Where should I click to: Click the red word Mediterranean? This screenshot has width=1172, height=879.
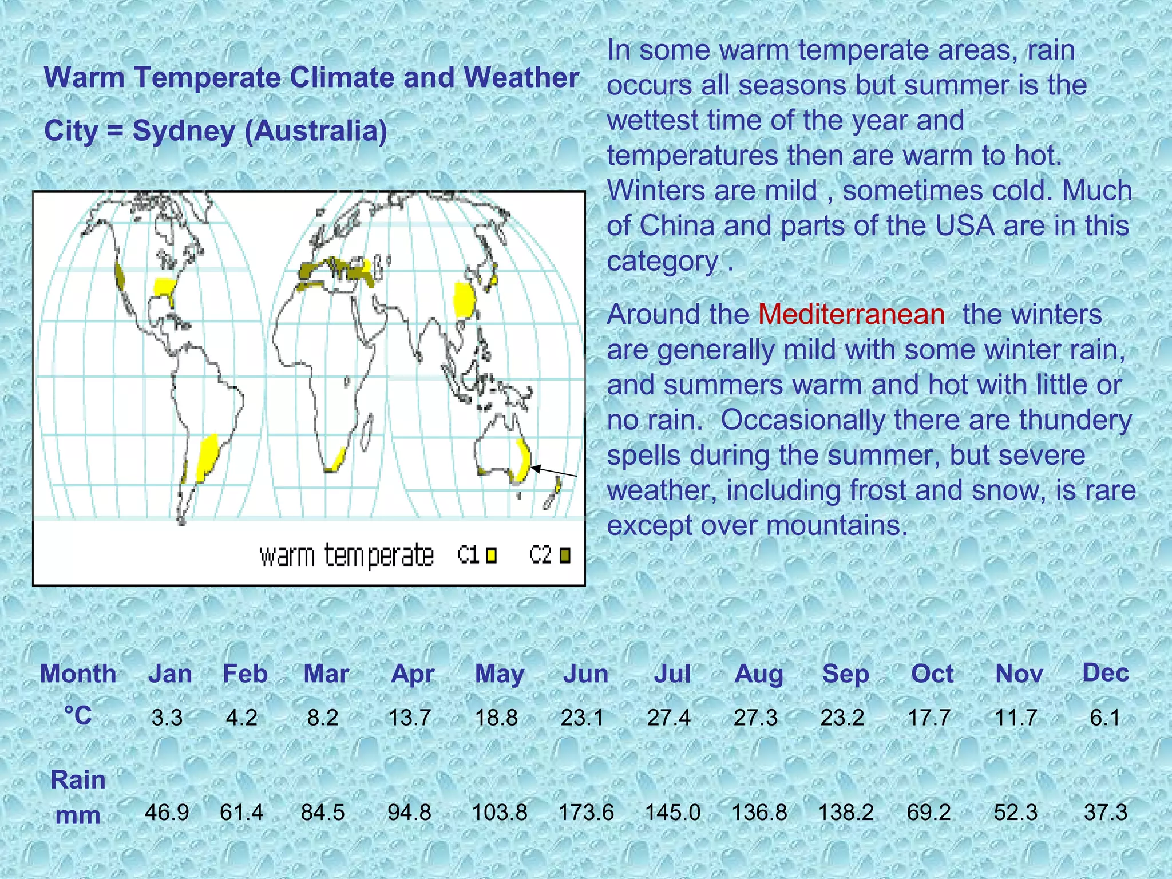[851, 315]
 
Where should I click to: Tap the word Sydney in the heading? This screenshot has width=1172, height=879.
[184, 131]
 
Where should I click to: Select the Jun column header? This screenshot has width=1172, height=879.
[585, 674]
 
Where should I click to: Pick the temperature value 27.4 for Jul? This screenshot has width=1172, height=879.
[668, 718]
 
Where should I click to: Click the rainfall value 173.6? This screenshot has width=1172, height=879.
[585, 813]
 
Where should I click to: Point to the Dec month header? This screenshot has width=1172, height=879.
[1105, 672]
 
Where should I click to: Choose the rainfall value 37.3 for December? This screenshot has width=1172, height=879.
[1105, 813]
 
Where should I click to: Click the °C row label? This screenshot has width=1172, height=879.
[78, 716]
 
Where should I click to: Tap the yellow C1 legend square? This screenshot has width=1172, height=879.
[491, 555]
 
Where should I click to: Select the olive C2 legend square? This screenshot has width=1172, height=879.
[565, 555]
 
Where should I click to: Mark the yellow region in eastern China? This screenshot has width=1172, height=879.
[464, 299]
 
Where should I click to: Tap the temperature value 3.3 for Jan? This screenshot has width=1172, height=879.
[167, 718]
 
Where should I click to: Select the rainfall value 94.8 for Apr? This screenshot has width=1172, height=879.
[409, 813]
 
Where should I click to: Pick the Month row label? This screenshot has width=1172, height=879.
[78, 674]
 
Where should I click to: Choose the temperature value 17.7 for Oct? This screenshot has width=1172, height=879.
[929, 718]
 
